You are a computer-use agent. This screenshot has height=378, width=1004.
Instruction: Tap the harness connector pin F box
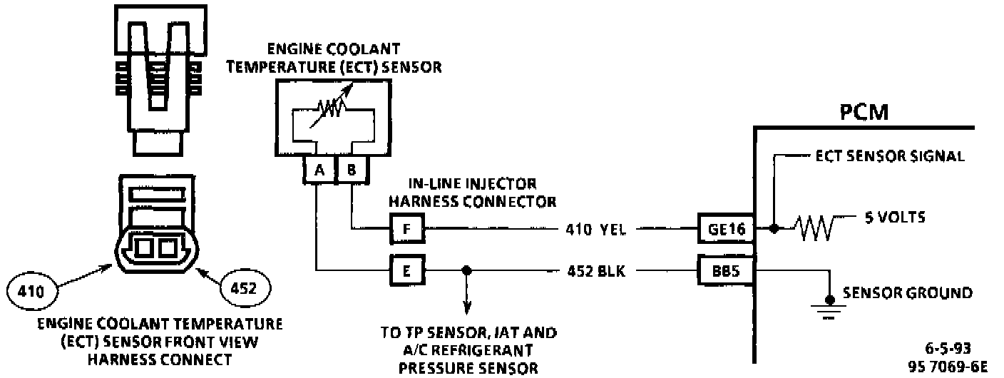click(406, 229)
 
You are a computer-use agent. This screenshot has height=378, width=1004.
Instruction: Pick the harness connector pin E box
click(406, 271)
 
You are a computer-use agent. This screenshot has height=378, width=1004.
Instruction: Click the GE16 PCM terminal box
click(724, 230)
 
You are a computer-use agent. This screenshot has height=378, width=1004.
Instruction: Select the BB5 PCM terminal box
click(724, 271)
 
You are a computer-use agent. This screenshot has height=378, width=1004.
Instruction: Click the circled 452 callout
click(245, 288)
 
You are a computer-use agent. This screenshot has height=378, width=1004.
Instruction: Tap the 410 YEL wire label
click(596, 230)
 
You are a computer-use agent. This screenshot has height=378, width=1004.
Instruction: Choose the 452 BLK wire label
click(596, 271)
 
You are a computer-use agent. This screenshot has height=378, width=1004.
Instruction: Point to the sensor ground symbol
click(829, 306)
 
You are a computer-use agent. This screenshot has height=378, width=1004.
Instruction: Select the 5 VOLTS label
click(895, 218)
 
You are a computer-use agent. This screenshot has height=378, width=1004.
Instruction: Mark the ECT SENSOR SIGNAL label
click(889, 156)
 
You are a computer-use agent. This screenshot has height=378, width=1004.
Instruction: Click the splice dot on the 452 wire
click(467, 271)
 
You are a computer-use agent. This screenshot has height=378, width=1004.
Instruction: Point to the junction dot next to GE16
click(774, 230)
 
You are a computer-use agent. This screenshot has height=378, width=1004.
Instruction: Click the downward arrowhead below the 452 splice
click(467, 308)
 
